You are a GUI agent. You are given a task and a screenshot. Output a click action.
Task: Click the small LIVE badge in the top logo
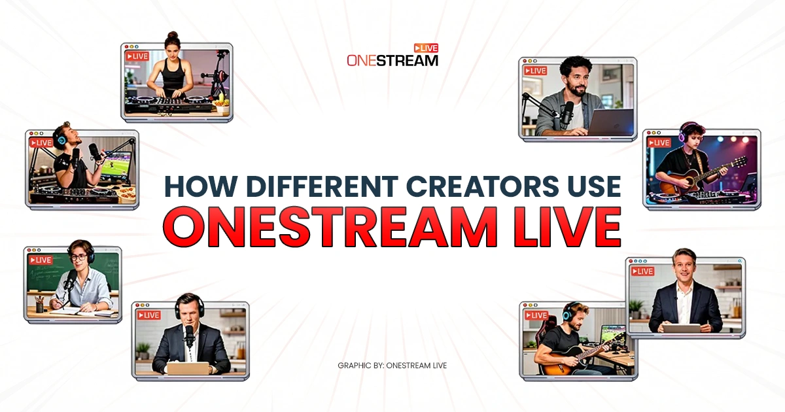pyautogui.click(x=426, y=48)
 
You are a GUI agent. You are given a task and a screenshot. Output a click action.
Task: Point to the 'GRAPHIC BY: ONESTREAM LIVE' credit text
pyautogui.click(x=392, y=366)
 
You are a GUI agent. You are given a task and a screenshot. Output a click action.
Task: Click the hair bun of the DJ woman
pyautogui.click(x=173, y=36)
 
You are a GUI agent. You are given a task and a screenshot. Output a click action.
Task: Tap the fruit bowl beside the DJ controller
pyautogui.click(x=221, y=101)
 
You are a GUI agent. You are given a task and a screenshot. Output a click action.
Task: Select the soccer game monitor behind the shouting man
pyautogui.click(x=114, y=165)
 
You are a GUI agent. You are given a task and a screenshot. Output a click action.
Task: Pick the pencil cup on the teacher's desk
pyautogui.click(x=39, y=305)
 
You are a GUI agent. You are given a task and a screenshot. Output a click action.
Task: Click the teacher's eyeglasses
pyautogui.click(x=79, y=258)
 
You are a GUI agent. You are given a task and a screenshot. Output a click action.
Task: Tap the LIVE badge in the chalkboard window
pyautogui.click(x=40, y=260)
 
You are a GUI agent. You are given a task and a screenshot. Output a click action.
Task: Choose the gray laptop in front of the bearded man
pyautogui.click(x=612, y=122)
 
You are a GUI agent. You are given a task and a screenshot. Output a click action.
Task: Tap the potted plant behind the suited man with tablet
pyautogui.click(x=635, y=307)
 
